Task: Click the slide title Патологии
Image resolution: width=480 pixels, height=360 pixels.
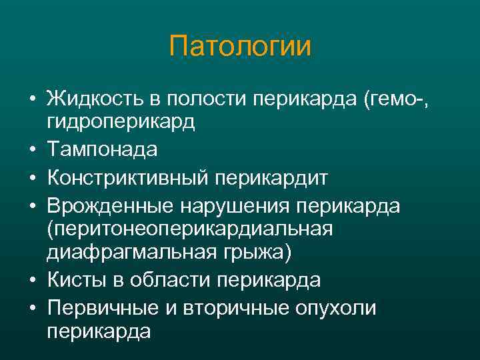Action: (240, 47)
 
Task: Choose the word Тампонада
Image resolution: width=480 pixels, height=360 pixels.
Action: (102, 150)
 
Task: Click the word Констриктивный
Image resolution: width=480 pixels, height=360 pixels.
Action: (129, 178)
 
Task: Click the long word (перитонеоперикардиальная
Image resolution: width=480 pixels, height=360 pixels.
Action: (189, 230)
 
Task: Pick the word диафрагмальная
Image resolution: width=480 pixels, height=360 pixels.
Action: (129, 254)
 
